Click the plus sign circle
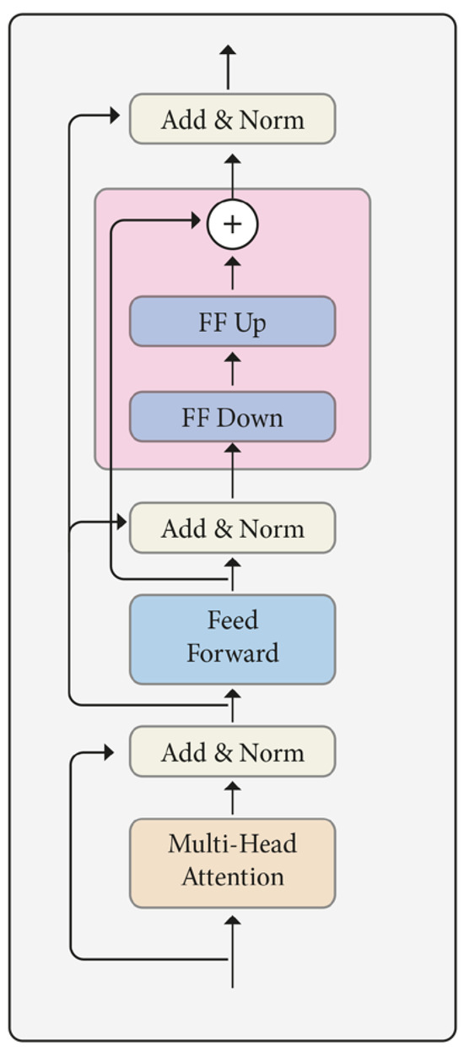(232, 224)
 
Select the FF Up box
(232, 322)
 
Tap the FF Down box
(232, 417)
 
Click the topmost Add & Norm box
(232, 119)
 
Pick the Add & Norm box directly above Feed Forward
(232, 528)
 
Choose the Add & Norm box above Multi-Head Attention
(232, 752)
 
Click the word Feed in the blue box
(232, 620)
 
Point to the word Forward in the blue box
(232, 653)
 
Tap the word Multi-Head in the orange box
(232, 843)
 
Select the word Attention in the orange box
(232, 876)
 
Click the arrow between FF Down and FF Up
(232, 369)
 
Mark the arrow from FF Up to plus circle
(232, 273)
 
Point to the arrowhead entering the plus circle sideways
(199, 221)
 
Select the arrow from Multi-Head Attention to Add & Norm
(232, 797)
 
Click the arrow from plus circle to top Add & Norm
(232, 173)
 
